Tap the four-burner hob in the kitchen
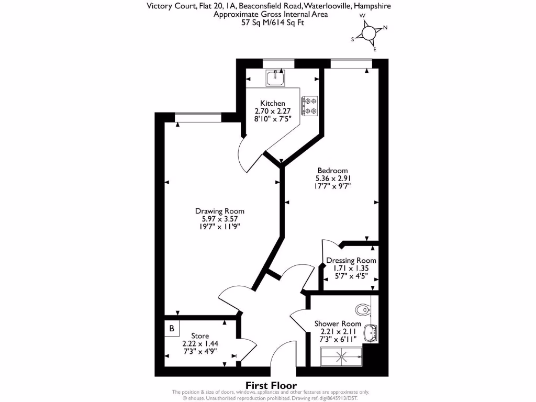[309, 105]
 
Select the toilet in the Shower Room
[362, 309]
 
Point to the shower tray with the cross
[342, 358]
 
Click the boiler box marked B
[172, 329]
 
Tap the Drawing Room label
[220, 211]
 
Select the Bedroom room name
[332, 171]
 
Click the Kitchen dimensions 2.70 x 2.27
[273, 111]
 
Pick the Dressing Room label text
[351, 260]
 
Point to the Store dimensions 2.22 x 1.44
[200, 343]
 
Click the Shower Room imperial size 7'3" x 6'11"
[338, 339]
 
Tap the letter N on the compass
[385, 28]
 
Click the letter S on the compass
[353, 39]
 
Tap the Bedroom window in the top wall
[351, 63]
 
